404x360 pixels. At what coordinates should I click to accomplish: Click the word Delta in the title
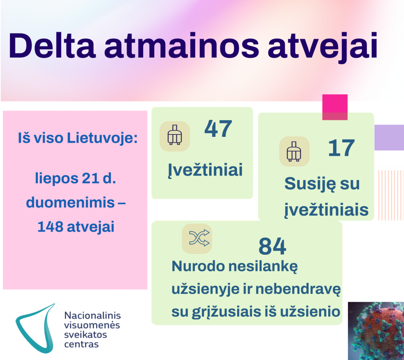(x=52, y=46)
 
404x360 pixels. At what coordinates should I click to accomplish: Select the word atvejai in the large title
(x=323, y=48)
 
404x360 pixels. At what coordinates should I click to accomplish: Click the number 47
(x=218, y=129)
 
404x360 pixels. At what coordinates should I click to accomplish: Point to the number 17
(x=342, y=148)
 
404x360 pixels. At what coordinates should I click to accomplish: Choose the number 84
(x=272, y=246)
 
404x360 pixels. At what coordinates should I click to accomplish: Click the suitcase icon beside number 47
(x=175, y=136)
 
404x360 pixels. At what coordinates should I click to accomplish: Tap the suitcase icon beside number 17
(x=294, y=151)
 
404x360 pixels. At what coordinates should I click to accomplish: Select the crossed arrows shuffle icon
(x=197, y=239)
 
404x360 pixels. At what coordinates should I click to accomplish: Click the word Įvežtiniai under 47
(x=205, y=170)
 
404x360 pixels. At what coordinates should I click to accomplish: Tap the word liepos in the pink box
(x=56, y=179)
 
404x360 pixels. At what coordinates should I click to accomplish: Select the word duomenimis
(x=70, y=202)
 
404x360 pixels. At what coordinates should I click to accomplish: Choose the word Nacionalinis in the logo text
(x=92, y=315)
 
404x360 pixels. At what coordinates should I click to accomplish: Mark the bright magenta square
(x=335, y=107)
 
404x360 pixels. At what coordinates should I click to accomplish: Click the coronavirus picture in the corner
(x=376, y=331)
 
